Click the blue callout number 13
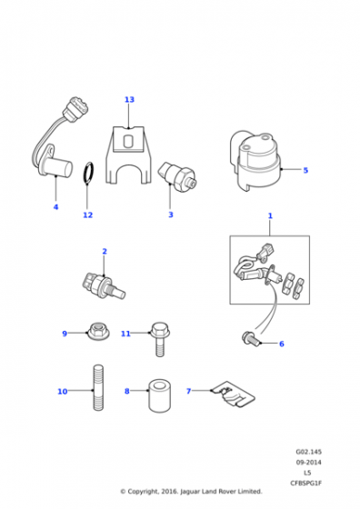click(129, 99)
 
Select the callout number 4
click(55, 207)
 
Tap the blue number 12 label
click(87, 215)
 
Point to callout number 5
click(305, 170)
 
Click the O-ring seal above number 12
click(88, 173)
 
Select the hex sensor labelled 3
click(177, 176)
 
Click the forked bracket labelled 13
click(129, 155)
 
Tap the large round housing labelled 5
click(255, 161)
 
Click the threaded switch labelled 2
click(104, 285)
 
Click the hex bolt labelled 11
click(159, 339)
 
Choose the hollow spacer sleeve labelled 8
click(159, 396)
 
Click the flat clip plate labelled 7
click(233, 394)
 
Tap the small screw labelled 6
click(251, 338)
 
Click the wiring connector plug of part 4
click(75, 109)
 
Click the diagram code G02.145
click(308, 452)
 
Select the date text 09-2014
click(308, 463)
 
